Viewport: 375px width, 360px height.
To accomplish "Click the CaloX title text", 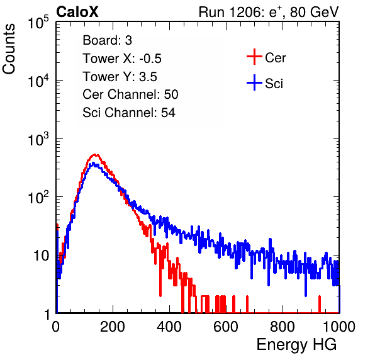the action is pos(77,12).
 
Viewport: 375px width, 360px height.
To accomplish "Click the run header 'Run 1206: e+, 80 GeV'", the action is pos(269,12).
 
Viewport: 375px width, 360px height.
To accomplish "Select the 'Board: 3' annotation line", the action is pos(107,40).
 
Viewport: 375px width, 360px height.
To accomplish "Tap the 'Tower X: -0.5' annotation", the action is pos(122,59).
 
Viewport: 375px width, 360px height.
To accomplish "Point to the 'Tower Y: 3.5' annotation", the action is pos(120,77).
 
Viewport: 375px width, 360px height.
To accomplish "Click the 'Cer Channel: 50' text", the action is pos(130,94).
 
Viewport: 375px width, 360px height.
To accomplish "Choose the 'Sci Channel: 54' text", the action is pos(129,113).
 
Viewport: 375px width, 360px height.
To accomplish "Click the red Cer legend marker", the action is pos(254,57).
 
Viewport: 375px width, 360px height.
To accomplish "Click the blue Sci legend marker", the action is pos(254,82).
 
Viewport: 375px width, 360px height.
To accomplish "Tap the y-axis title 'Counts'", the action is pos(9,49).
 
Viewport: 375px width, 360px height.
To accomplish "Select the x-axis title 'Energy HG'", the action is pos(296,344).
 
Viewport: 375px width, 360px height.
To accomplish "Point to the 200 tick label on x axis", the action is pos(113,327).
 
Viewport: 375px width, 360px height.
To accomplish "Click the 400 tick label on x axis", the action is pos(169,327).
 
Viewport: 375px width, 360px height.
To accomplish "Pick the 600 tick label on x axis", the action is pos(226,327).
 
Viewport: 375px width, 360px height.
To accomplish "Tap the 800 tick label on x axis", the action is pos(283,327).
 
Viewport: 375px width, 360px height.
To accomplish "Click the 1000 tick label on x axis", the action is pos(339,327).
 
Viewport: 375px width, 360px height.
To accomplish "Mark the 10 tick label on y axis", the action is pos(42,256).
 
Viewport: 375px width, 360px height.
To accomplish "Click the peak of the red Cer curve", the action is pos(95,155).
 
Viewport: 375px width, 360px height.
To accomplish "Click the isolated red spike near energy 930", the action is pos(319,304).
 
